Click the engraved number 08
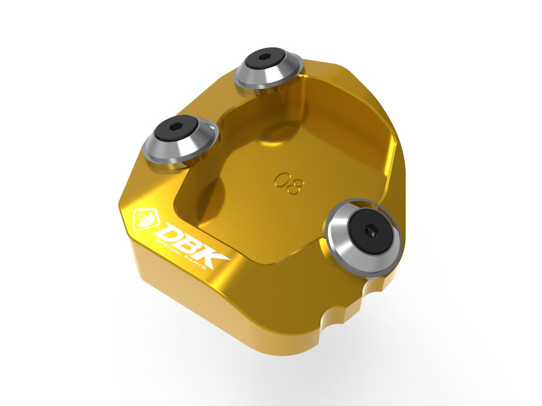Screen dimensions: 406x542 tap(289, 183)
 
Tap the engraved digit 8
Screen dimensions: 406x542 tap(295, 187)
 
